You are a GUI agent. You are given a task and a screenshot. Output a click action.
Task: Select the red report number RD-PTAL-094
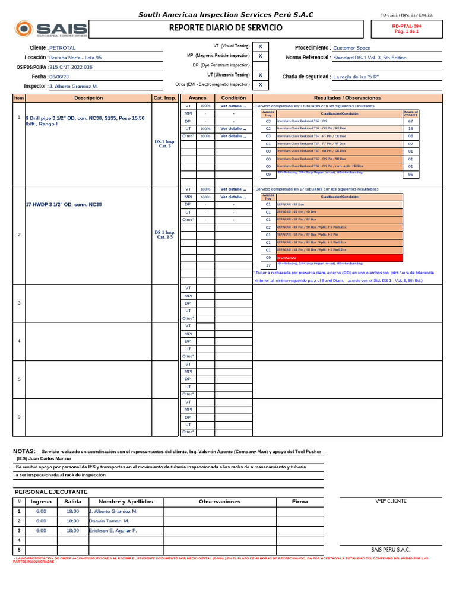point(407,27)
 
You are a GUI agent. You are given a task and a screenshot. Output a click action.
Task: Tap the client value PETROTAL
point(62,47)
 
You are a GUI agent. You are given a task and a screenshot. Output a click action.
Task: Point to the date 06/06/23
point(59,77)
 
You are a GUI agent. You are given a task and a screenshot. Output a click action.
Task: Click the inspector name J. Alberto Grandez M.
point(73,86)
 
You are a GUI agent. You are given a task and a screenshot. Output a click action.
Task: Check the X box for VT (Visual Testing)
point(260,46)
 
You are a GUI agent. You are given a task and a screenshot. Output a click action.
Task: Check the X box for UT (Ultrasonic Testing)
point(260,75)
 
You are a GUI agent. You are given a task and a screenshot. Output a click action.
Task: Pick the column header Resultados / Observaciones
point(347,97)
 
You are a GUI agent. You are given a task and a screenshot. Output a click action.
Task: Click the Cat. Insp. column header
point(164,97)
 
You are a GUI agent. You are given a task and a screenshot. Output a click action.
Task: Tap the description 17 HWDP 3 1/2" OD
point(64,204)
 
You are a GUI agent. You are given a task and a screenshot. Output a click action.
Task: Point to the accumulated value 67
point(410,121)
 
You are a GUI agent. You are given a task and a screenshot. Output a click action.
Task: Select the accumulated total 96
point(410,175)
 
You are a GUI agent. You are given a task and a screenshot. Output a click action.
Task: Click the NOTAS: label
point(24,451)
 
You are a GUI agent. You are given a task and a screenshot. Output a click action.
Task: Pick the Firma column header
point(300,502)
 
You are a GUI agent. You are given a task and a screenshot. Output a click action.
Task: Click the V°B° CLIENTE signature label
point(391,501)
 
